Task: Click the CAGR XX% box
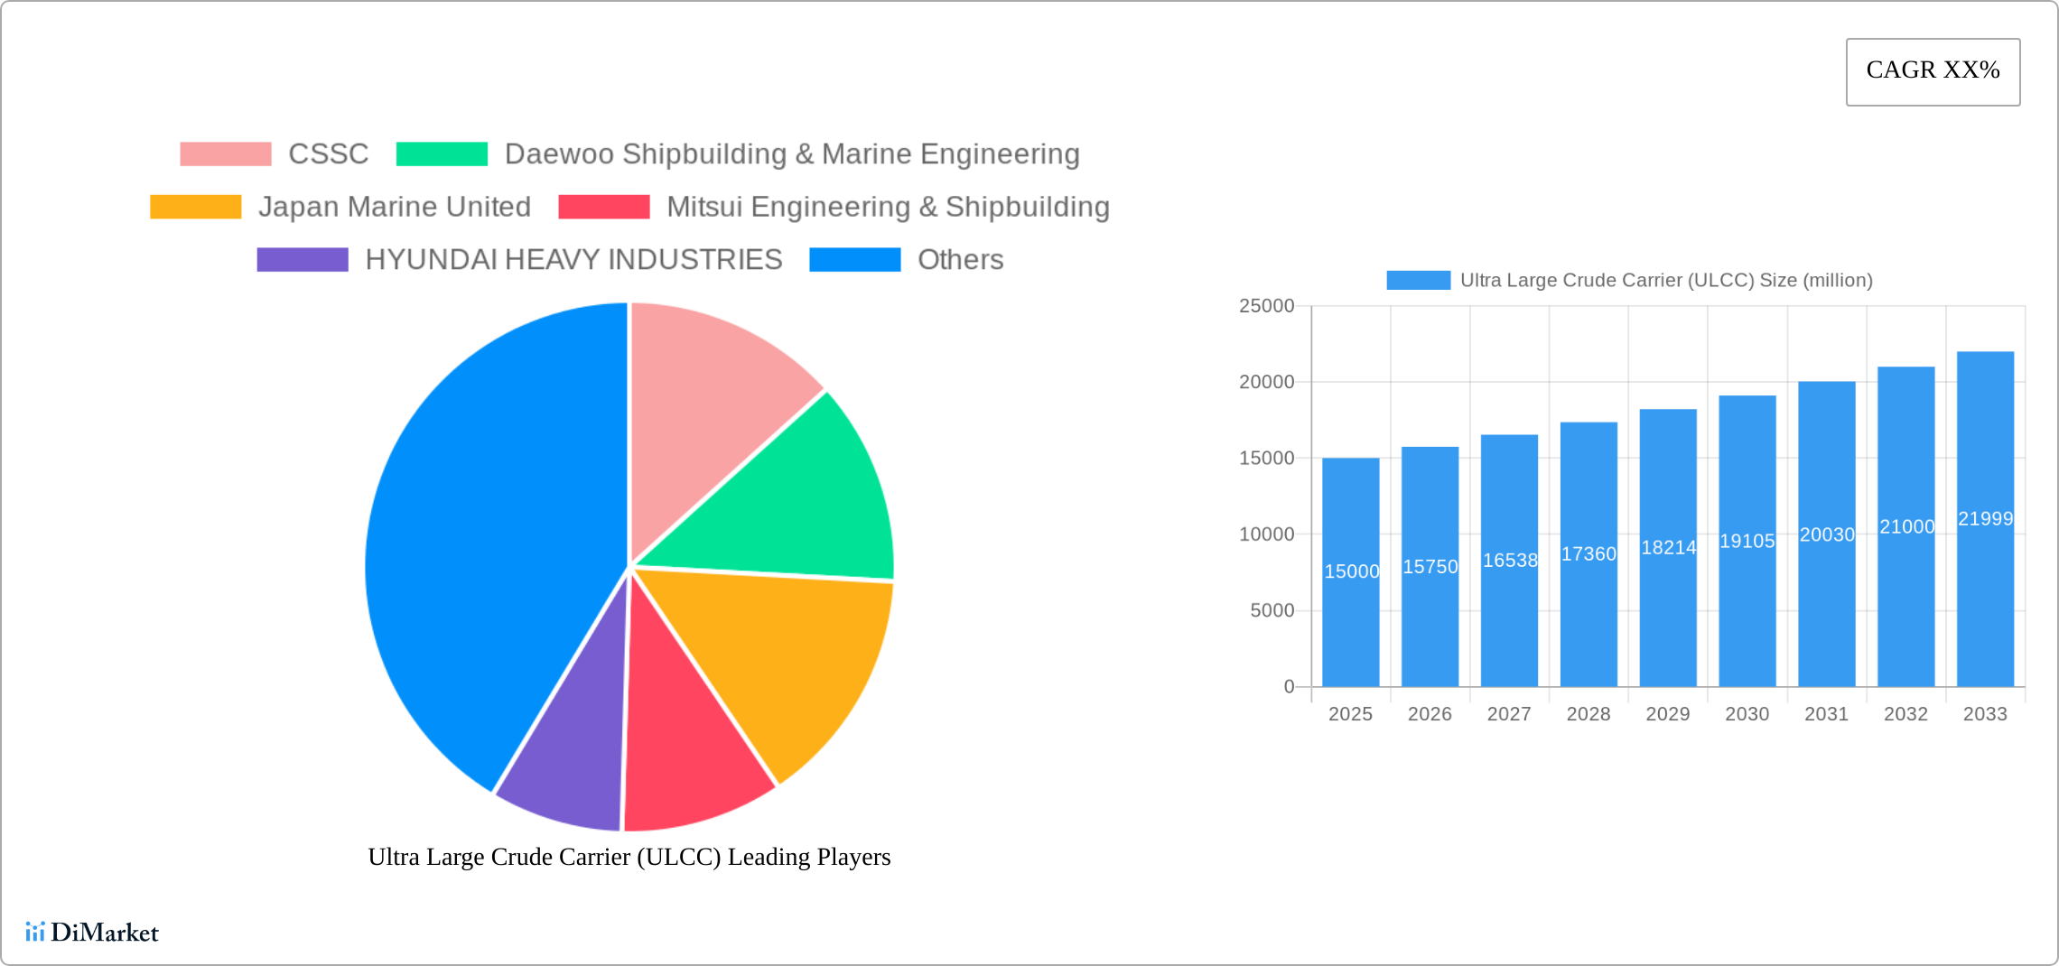[1933, 71]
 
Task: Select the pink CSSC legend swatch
[225, 154]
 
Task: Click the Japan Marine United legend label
[394, 207]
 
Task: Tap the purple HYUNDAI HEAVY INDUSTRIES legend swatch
[302, 260]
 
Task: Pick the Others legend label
[960, 260]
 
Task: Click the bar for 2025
[1350, 614]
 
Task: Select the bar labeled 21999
[1985, 433]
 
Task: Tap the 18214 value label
[1668, 548]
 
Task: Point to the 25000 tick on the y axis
[1266, 306]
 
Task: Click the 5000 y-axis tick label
[1272, 611]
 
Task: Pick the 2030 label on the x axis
[1747, 714]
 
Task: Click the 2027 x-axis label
[1509, 714]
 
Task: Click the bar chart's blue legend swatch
[1418, 281]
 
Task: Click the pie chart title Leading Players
[629, 857]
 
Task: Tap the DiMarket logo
[92, 932]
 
